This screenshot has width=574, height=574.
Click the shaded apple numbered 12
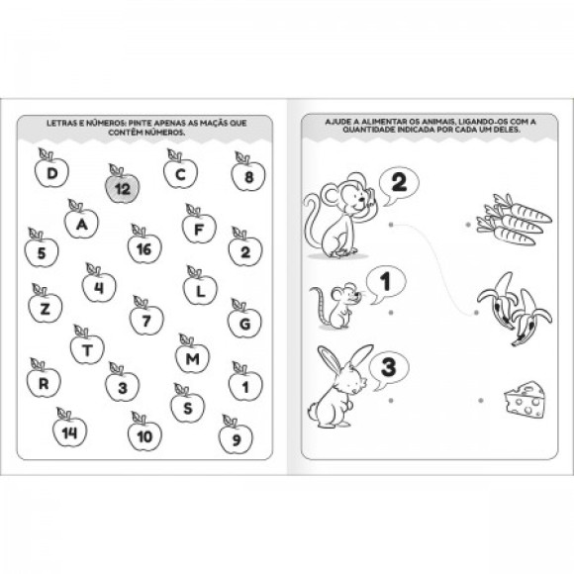click(123, 185)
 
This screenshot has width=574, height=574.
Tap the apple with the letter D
click(51, 169)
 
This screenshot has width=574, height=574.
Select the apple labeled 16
click(144, 245)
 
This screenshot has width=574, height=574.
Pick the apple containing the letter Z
click(46, 305)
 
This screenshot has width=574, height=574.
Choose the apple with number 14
click(69, 429)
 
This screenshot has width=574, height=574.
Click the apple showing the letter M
click(193, 354)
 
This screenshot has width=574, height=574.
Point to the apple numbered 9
click(236, 435)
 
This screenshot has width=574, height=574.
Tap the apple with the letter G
click(244, 319)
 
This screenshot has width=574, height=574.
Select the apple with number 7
click(146, 317)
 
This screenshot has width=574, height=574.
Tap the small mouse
click(335, 306)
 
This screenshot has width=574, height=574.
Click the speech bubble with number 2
click(398, 185)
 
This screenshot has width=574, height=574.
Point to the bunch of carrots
click(514, 220)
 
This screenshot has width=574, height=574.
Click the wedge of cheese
click(525, 399)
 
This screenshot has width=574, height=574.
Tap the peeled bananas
click(515, 309)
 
